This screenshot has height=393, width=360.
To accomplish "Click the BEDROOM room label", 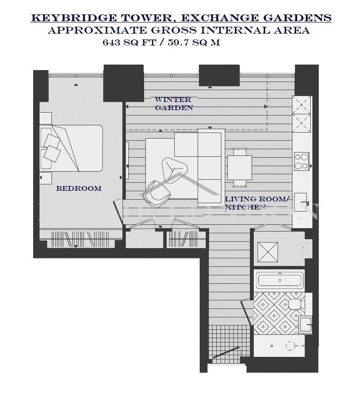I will pos(79,188).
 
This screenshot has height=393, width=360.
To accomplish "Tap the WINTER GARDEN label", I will pos(173,104).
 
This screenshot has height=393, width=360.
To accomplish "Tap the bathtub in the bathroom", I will pos(279,280).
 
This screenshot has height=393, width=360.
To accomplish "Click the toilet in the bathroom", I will pos(294,304).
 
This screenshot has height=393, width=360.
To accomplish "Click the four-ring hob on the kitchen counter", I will pos(301,161).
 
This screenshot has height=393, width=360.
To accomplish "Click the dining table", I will pos(239,167).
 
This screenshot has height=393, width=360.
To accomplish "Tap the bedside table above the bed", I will pos(46,118).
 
